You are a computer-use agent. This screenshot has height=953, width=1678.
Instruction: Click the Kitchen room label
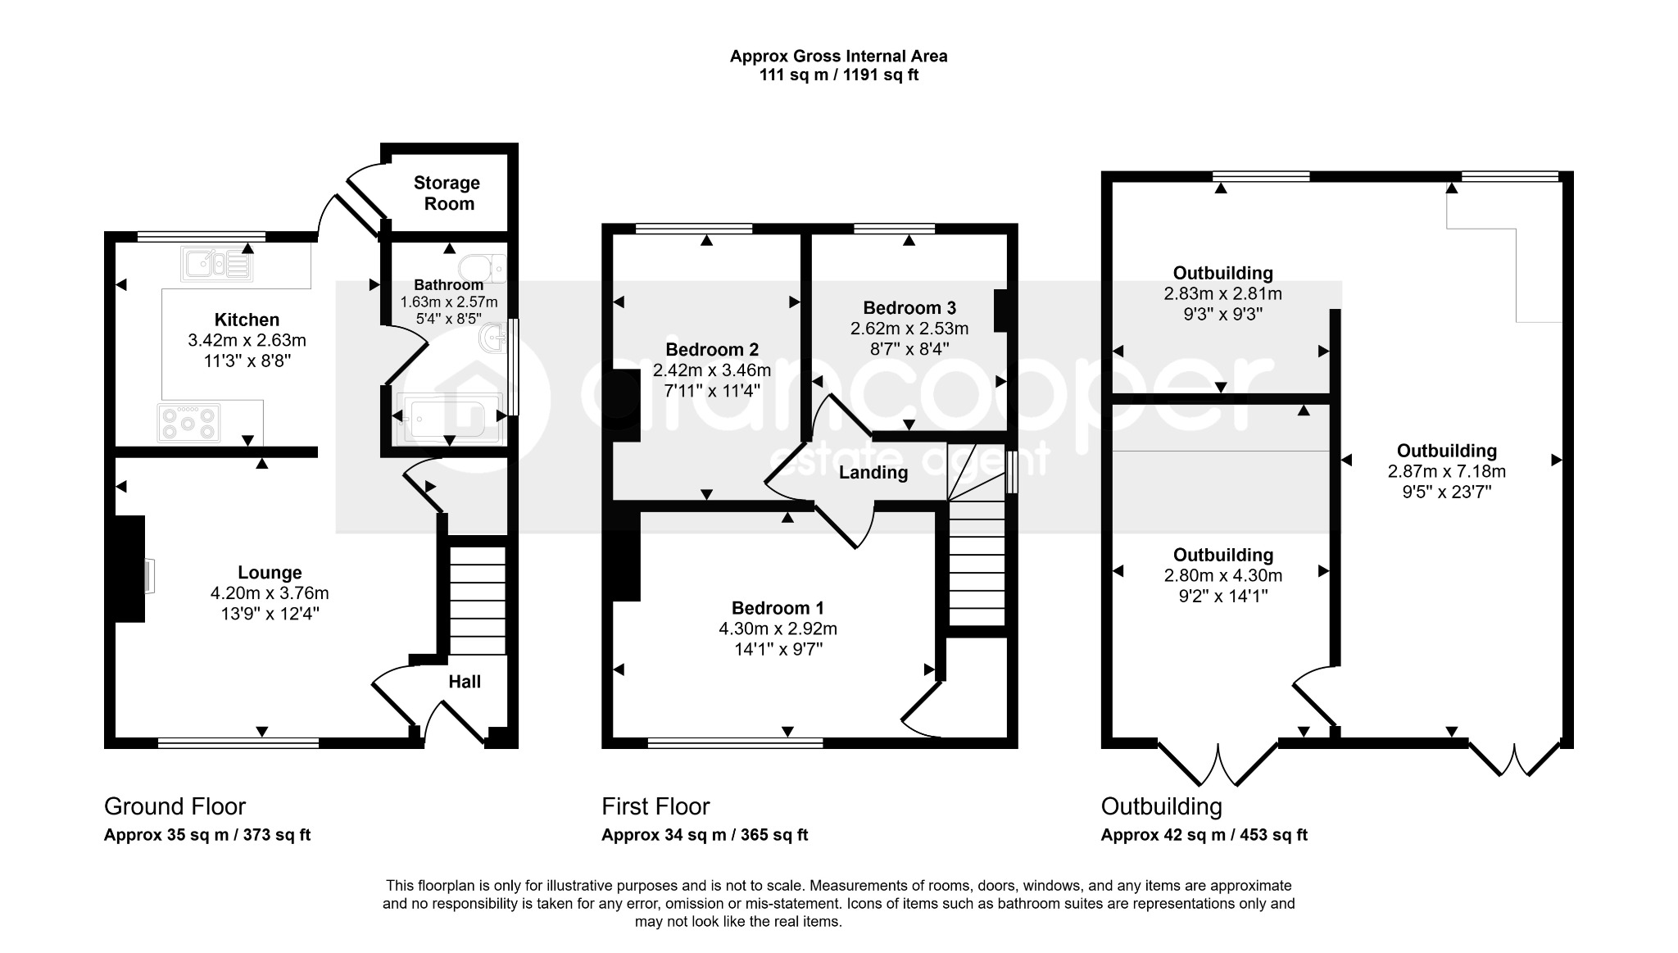point(247,320)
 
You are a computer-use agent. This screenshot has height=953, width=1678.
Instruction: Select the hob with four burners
point(189,423)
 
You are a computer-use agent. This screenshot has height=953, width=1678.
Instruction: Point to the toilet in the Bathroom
point(483,268)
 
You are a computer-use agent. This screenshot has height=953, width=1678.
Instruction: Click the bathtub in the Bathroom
point(450,419)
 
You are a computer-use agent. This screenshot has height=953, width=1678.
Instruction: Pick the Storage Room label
point(447,193)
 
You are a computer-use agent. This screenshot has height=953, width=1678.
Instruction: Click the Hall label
point(465,682)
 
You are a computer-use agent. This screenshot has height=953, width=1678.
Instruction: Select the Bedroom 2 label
point(712,350)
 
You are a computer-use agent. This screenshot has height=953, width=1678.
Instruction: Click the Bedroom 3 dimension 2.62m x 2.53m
point(909,329)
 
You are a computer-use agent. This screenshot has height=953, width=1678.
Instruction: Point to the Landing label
point(873,473)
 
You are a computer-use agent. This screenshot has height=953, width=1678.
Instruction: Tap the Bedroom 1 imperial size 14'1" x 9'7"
point(778,650)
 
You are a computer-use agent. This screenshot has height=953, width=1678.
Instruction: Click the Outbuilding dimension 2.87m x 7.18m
point(1447,471)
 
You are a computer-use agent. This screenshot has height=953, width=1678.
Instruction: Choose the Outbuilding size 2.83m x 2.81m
point(1223,293)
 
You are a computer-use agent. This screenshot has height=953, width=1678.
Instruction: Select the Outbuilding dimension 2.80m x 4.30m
point(1223,575)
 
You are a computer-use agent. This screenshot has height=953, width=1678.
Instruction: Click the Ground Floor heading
point(175,807)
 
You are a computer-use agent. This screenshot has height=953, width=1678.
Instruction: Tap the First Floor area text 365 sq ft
point(774,835)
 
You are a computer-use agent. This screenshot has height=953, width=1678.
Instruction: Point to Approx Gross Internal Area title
point(839,57)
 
